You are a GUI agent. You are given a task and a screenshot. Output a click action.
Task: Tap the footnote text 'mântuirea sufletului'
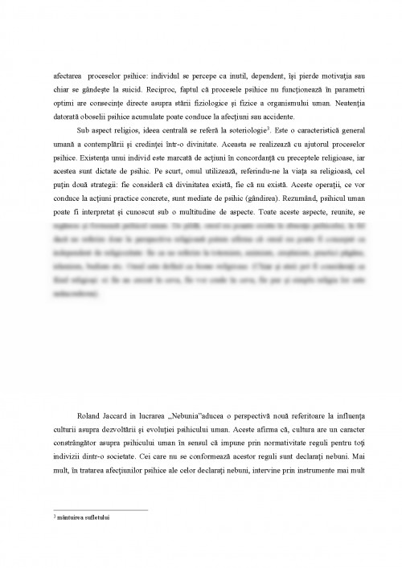[x=83, y=518]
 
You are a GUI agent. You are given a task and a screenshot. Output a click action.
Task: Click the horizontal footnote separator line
[x=100, y=509]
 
